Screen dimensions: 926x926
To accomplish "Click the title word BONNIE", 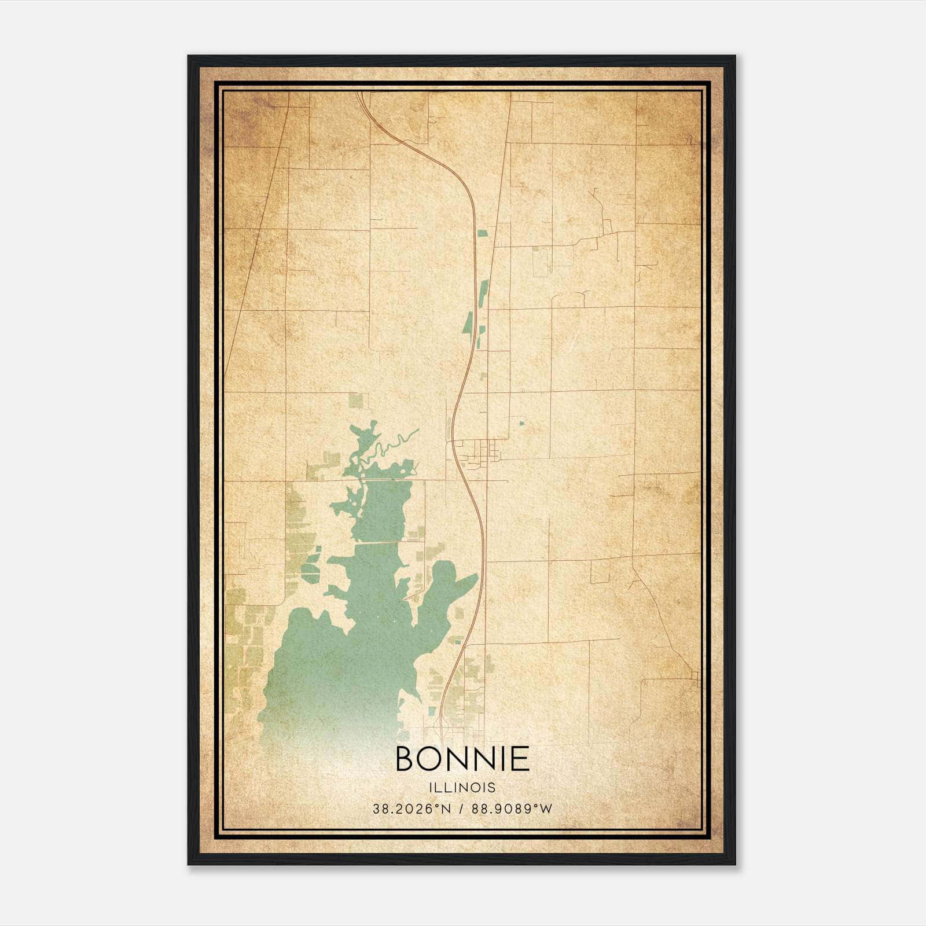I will (x=462, y=758).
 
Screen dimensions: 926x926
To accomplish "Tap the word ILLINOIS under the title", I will (x=462, y=788).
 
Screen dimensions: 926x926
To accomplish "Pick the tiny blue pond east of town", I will (x=521, y=423).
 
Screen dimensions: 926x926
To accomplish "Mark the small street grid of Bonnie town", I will (x=478, y=452).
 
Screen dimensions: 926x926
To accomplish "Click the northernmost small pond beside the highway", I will (x=482, y=233).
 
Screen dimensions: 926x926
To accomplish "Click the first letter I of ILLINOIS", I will (x=431, y=788).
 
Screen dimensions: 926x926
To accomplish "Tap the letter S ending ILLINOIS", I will (x=492, y=788).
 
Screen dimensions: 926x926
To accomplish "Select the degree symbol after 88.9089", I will (x=535, y=806).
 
